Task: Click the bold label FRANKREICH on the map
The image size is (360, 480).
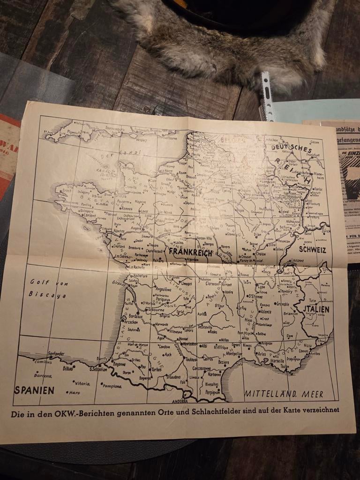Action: [191, 252]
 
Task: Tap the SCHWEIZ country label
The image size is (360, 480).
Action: [312, 250]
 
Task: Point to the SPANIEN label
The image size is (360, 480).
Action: [34, 390]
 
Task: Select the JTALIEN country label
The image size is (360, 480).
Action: [316, 309]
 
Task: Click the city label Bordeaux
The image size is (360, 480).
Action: [135, 316]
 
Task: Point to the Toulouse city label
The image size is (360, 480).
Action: [191, 360]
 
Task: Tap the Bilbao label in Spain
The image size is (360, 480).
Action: [67, 369]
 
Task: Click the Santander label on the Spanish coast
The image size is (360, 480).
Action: [56, 354]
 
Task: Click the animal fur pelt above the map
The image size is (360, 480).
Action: [225, 42]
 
